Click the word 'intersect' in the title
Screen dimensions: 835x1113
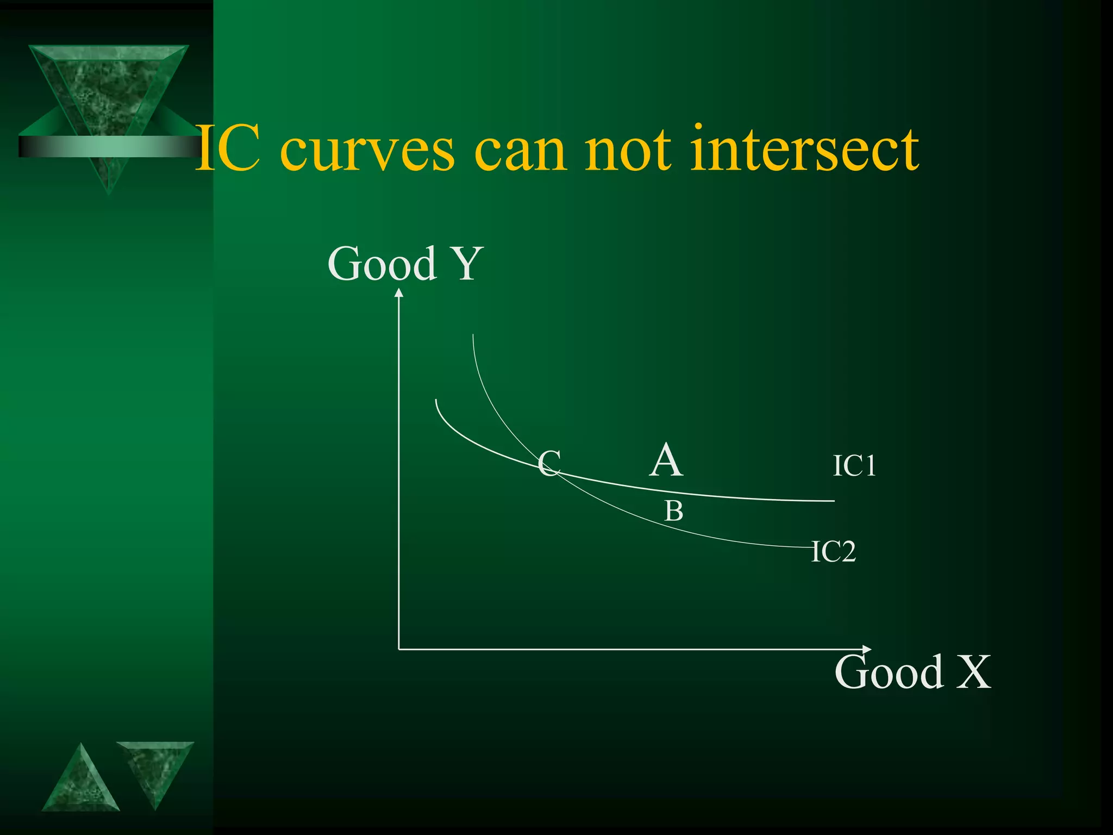click(x=804, y=148)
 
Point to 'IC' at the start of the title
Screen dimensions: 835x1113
click(x=227, y=148)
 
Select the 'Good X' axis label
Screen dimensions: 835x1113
click(x=912, y=672)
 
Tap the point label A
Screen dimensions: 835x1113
click(x=666, y=460)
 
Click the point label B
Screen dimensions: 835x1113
click(x=674, y=512)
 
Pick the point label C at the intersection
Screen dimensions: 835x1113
click(x=549, y=464)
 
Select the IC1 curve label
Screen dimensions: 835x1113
click(x=854, y=466)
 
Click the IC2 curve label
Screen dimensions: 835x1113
click(x=834, y=552)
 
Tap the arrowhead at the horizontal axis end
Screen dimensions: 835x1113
click(x=867, y=649)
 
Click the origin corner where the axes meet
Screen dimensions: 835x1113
click(x=399, y=649)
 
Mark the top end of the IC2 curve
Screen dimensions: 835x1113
click(x=473, y=335)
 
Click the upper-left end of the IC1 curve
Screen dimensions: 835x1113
click(x=436, y=400)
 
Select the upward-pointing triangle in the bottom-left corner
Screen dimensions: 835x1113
click(x=80, y=783)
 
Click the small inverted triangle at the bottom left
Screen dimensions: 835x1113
click(x=155, y=769)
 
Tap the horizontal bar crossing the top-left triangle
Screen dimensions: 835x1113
click(x=109, y=146)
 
